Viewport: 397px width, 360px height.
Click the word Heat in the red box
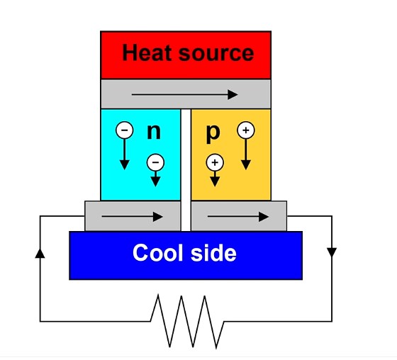(147, 52)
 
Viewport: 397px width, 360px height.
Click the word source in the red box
(216, 54)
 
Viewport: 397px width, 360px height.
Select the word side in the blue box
(213, 252)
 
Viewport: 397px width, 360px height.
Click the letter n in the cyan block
(154, 132)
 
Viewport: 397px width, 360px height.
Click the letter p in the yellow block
(213, 134)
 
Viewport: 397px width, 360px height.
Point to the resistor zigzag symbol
(187, 322)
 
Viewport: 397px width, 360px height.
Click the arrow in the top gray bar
(184, 95)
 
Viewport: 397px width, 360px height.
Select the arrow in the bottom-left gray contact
(132, 217)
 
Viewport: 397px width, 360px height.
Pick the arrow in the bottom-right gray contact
(238, 217)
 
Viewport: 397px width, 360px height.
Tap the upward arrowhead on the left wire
(40, 253)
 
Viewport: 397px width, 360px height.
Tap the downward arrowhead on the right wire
(332, 252)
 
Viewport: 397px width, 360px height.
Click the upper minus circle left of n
(124, 130)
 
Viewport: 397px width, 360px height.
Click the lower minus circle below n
(155, 162)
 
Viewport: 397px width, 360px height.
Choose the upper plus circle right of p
(246, 130)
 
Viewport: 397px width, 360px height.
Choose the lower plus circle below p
(215, 162)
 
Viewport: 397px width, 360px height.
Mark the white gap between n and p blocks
(186, 170)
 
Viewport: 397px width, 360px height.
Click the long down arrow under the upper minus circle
(124, 154)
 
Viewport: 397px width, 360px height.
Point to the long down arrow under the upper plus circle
(246, 154)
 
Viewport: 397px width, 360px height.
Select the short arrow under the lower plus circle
(215, 179)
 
